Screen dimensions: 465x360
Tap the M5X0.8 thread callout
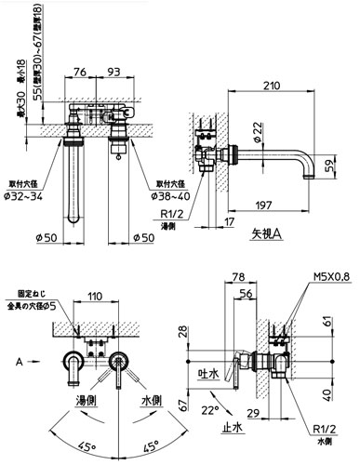click(331, 276)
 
